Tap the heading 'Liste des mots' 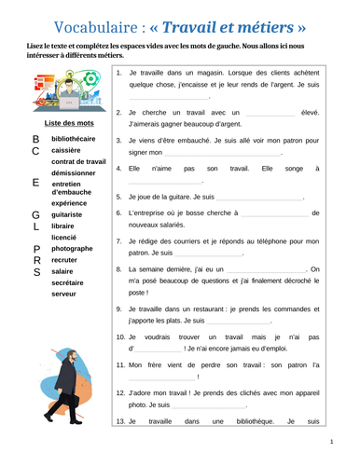(65, 122)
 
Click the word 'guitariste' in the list (71, 213)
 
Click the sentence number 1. (118, 72)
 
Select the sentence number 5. (118, 197)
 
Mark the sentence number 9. (118, 308)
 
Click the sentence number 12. (120, 392)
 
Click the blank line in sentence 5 (259, 198)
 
